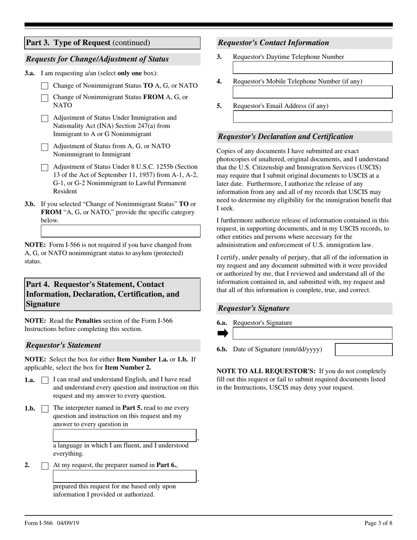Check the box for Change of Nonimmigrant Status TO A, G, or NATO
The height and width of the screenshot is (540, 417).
[44, 86]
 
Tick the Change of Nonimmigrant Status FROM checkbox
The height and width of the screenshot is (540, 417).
[44, 98]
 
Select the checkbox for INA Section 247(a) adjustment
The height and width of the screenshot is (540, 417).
[44, 119]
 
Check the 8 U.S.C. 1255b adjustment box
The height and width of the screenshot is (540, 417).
[44, 168]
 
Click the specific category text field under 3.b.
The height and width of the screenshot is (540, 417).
[120, 231]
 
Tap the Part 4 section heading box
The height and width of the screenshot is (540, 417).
[112, 294]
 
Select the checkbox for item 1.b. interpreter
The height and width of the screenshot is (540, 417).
[44, 409]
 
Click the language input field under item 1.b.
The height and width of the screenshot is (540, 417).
[125, 436]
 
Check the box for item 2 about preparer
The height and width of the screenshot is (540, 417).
[44, 466]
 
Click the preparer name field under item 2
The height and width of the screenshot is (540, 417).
[125, 476]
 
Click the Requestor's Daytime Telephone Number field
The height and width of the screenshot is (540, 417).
[312, 68]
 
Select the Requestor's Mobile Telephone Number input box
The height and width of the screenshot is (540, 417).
[312, 92]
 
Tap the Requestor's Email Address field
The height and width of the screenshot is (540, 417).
[312, 116]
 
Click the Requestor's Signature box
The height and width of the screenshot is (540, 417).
[312, 333]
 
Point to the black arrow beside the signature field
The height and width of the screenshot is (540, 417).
[223, 334]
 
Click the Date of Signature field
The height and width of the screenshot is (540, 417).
[363, 349]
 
